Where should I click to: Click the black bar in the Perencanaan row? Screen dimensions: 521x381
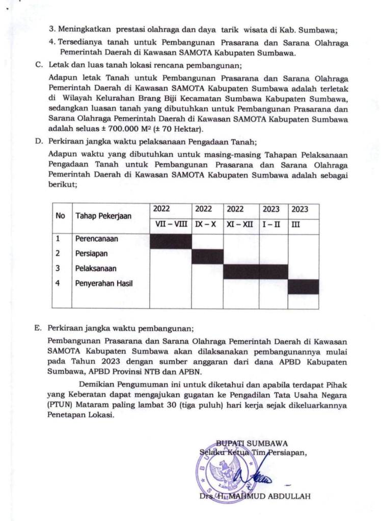pyautogui.click(x=170, y=241)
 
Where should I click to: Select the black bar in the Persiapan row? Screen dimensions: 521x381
pyautogui.click(x=207, y=256)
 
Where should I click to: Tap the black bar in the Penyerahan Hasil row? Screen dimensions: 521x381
pyautogui.click(x=303, y=286)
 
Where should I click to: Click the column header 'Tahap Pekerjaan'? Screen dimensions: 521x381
pyautogui.click(x=103, y=216)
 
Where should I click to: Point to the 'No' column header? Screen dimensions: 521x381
pyautogui.click(x=61, y=216)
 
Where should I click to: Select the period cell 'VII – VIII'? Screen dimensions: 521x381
pyautogui.click(x=170, y=224)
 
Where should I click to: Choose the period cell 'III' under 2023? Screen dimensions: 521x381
pyautogui.click(x=295, y=224)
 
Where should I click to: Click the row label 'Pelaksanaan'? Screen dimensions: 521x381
pyautogui.click(x=96, y=268)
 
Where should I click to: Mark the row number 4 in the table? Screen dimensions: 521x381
pyautogui.click(x=58, y=283)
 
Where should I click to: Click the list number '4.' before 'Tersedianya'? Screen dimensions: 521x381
pyautogui.click(x=52, y=43)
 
